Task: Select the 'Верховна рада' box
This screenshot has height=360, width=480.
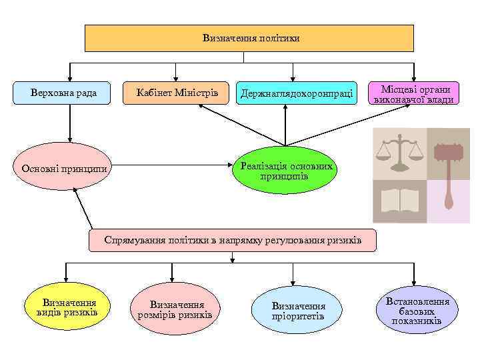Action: point(64,93)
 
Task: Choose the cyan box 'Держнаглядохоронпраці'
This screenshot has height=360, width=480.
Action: point(291,94)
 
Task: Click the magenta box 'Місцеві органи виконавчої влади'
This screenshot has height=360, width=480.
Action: point(415,94)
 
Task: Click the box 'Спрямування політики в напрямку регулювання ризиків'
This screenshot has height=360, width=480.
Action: point(233,240)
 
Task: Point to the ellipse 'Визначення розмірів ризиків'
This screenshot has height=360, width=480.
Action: point(175,309)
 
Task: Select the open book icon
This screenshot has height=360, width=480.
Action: point(399,201)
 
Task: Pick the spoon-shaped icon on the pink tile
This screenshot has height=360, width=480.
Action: point(447,201)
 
